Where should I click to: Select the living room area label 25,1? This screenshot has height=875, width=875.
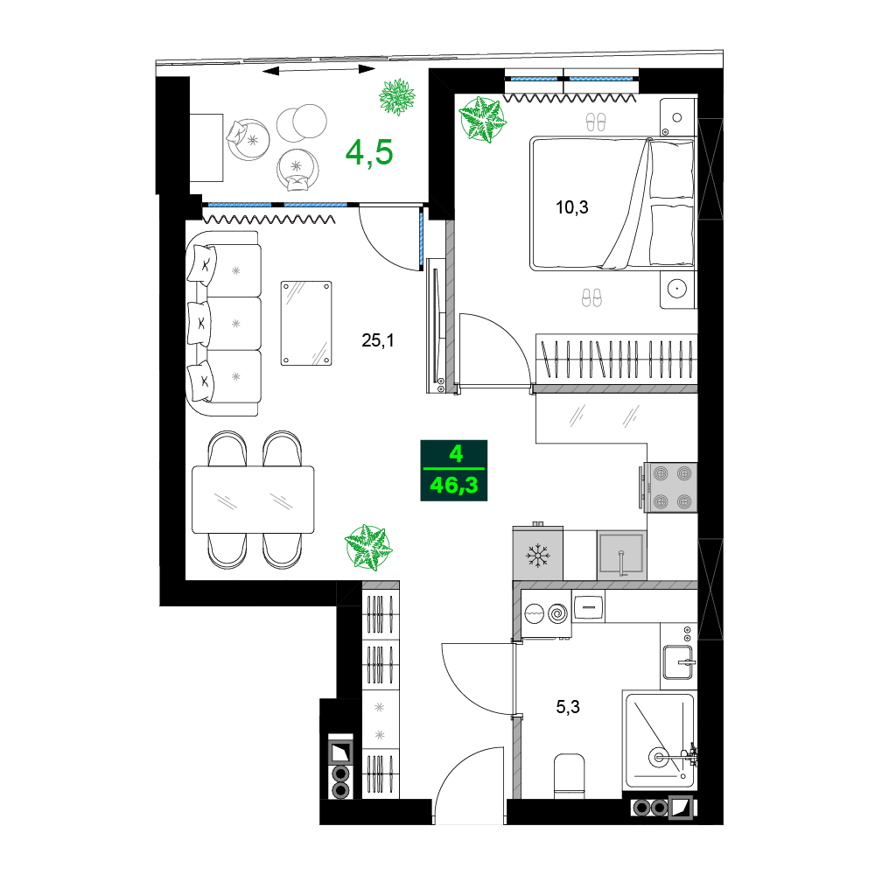378,340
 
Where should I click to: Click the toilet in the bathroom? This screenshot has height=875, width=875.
570,774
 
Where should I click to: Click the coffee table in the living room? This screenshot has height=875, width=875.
305,323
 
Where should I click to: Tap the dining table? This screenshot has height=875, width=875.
253,500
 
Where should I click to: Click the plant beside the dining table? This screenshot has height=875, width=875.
368,548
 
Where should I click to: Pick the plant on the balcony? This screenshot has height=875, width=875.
398,96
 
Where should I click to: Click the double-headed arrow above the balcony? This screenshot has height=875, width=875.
318,69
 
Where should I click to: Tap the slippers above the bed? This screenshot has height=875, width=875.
594,122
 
